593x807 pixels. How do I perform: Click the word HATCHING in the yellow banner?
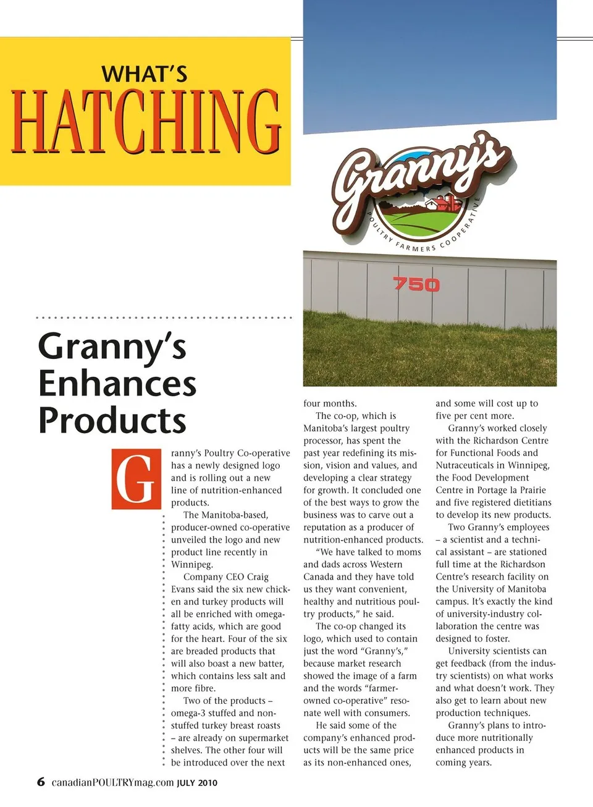click(146, 122)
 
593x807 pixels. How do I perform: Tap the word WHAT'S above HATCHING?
click(145, 74)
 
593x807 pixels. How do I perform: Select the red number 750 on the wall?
click(416, 284)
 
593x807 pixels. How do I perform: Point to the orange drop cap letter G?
click(132, 480)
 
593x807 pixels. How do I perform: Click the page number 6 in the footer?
click(41, 782)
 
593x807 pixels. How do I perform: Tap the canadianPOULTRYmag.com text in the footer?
click(112, 782)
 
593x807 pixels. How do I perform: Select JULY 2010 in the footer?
click(197, 783)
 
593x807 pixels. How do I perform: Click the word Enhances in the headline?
click(117, 384)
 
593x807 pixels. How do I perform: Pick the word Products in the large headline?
click(112, 421)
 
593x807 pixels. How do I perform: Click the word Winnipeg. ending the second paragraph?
click(192, 564)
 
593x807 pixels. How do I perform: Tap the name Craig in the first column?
click(258, 577)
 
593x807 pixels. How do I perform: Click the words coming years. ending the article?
click(463, 762)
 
